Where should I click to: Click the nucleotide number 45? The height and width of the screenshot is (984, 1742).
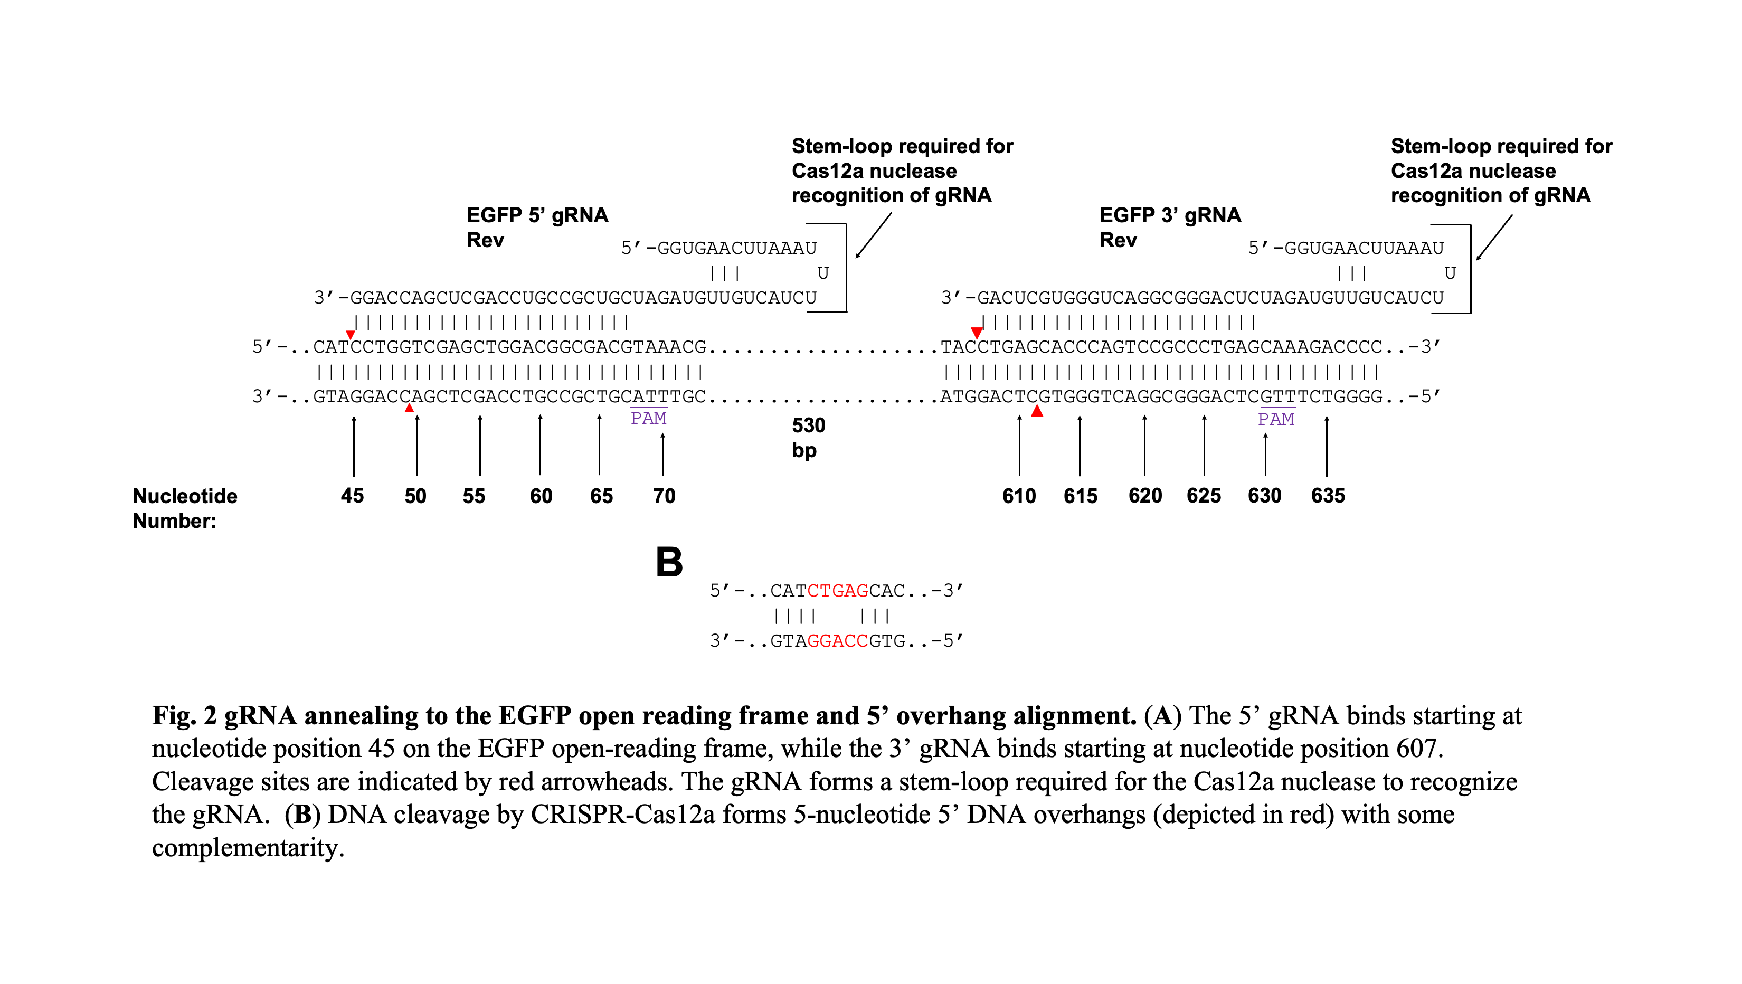tap(352, 496)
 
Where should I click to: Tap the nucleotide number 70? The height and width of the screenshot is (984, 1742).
tap(664, 496)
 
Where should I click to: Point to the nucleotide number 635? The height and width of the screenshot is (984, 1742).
tap(1328, 496)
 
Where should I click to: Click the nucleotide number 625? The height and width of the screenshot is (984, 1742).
tap(1203, 496)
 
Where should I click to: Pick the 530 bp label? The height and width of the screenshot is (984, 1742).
tap(808, 438)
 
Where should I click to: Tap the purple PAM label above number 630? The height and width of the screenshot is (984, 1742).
tap(1275, 419)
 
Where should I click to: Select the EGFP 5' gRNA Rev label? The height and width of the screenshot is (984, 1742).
tap(536, 227)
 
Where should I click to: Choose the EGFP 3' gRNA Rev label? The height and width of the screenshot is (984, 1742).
tap(1169, 227)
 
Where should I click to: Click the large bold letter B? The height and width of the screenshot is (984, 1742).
tap(669, 562)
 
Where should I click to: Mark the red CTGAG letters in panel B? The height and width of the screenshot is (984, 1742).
tap(837, 591)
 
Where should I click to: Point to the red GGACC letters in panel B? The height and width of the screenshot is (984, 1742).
tap(837, 640)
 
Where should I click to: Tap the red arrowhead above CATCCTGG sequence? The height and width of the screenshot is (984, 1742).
tap(351, 335)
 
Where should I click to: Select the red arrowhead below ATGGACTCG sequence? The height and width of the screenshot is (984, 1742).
tap(1037, 411)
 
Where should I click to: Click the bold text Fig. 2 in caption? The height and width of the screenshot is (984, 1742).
tap(184, 715)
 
